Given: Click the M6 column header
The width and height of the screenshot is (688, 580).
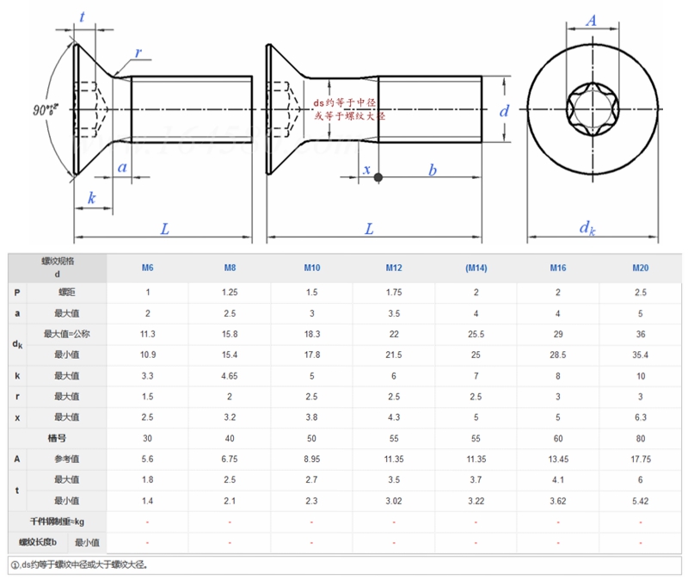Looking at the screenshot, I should (148, 268).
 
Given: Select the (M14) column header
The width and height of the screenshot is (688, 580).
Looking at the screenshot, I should (476, 268).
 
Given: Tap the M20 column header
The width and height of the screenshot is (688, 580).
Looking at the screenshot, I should (641, 268).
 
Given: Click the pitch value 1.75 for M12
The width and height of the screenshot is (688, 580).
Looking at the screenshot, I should (394, 293).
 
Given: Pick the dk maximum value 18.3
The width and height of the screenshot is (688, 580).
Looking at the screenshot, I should (311, 334).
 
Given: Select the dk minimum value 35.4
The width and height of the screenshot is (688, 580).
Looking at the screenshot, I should (641, 355).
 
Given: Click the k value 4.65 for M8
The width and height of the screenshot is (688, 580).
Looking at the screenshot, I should (230, 375).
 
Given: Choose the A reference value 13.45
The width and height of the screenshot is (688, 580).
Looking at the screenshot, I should (558, 459).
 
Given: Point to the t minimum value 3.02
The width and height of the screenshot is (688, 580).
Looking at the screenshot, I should (394, 500).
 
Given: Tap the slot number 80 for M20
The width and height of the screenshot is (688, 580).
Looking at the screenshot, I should (641, 438).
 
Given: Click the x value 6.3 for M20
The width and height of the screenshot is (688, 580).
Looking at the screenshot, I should (641, 417).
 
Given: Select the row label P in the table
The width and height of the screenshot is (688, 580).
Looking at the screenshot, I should (17, 293).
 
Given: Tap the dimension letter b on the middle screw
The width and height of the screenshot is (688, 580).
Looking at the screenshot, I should (433, 170).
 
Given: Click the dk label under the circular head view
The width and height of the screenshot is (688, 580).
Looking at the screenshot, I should (587, 228).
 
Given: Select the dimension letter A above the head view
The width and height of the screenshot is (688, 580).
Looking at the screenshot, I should (592, 21).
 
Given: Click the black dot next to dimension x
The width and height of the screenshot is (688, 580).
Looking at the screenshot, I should (379, 178).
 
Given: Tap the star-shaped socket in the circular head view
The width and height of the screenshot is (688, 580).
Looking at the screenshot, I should (592, 109).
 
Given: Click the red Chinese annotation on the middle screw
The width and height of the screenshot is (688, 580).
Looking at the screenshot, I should (348, 108).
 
